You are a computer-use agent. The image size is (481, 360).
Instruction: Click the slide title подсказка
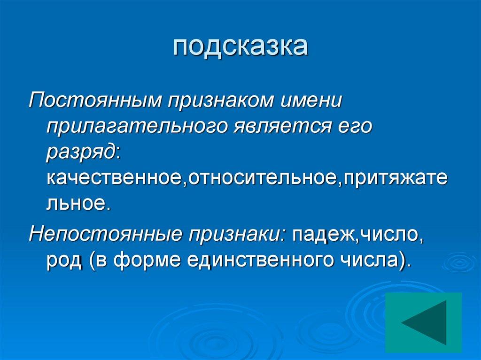240,47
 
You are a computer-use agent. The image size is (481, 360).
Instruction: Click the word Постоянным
94,100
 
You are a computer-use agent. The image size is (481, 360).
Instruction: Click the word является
281,127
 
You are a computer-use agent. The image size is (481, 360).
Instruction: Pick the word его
355,127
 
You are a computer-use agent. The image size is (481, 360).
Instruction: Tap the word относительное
263,178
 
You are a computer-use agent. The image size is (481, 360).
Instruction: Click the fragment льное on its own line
78,204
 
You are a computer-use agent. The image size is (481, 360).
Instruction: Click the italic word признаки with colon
237,233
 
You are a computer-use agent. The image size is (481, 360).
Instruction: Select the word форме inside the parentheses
146,260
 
